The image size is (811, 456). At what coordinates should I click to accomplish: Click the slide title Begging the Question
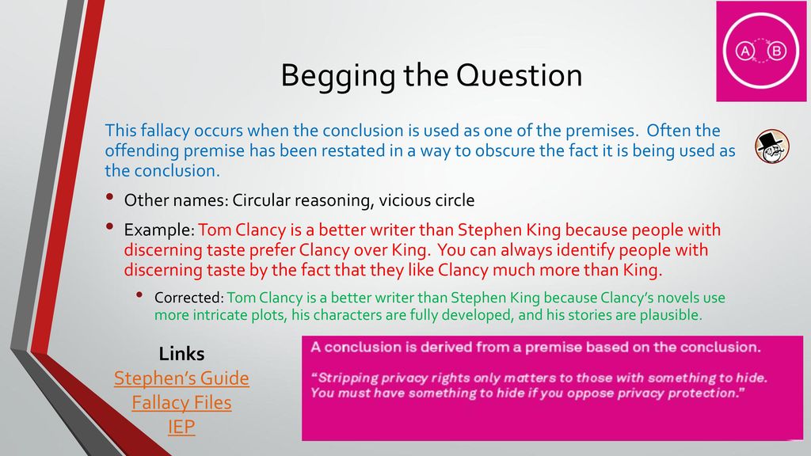coord(432,76)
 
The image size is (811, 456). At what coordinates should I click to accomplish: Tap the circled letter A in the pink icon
coord(745,51)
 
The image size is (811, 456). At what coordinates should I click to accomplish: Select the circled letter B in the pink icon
coord(776,51)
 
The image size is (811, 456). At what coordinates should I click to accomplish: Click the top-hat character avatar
coord(771,146)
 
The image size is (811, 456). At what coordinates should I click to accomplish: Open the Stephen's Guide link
coord(181,378)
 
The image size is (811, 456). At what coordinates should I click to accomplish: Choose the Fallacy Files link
coord(181,402)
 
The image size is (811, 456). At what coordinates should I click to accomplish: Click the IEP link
coord(181,427)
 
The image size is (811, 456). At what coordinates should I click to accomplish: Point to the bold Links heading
coord(181,354)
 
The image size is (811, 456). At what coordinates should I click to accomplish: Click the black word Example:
coord(159,230)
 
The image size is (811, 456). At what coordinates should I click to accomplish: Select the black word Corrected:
coord(188,298)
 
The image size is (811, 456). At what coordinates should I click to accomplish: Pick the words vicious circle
coord(427,200)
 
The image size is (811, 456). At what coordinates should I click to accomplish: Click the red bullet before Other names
coord(109,197)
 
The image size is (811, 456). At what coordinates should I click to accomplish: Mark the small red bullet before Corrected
coord(139,295)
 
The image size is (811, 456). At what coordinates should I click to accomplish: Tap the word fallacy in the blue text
coord(166,131)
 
